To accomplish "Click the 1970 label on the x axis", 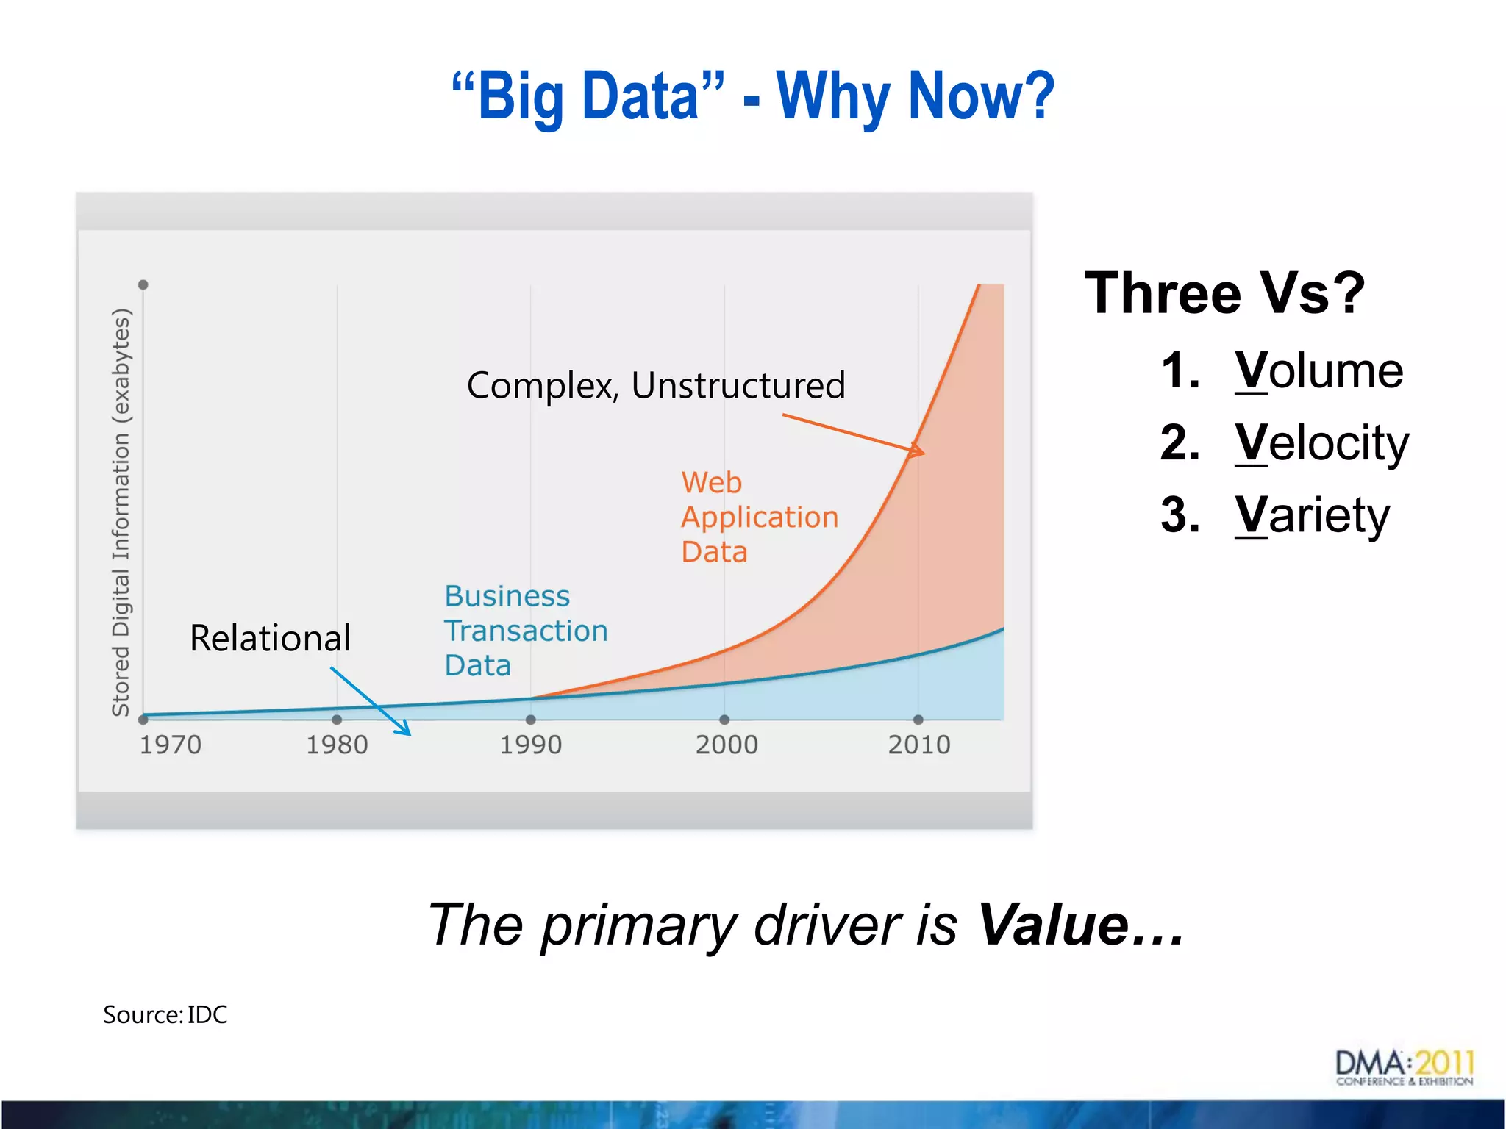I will pyautogui.click(x=171, y=745).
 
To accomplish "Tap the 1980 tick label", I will pyautogui.click(x=337, y=745).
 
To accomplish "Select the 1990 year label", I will pyautogui.click(x=531, y=745).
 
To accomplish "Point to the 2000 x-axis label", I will pyautogui.click(x=727, y=745).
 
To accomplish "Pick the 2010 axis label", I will pyautogui.click(x=919, y=745).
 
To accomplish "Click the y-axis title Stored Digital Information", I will pyautogui.click(x=121, y=512).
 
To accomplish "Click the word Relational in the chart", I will pyautogui.click(x=270, y=638).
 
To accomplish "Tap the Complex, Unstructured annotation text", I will pyautogui.click(x=656, y=385).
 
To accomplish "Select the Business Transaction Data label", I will pyautogui.click(x=525, y=631).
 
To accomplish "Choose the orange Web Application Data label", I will pyautogui.click(x=759, y=517).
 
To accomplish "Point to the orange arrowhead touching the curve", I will pyautogui.click(x=916, y=450).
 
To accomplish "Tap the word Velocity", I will pyautogui.click(x=1321, y=442).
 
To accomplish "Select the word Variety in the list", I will pyautogui.click(x=1312, y=515).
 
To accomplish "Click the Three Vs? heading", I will pyautogui.click(x=1224, y=293).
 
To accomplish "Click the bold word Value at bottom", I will pyautogui.click(x=1053, y=925).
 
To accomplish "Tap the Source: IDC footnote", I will pyautogui.click(x=165, y=1014).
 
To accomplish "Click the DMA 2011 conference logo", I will pyautogui.click(x=1405, y=1067).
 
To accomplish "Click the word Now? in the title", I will pyautogui.click(x=981, y=96).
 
